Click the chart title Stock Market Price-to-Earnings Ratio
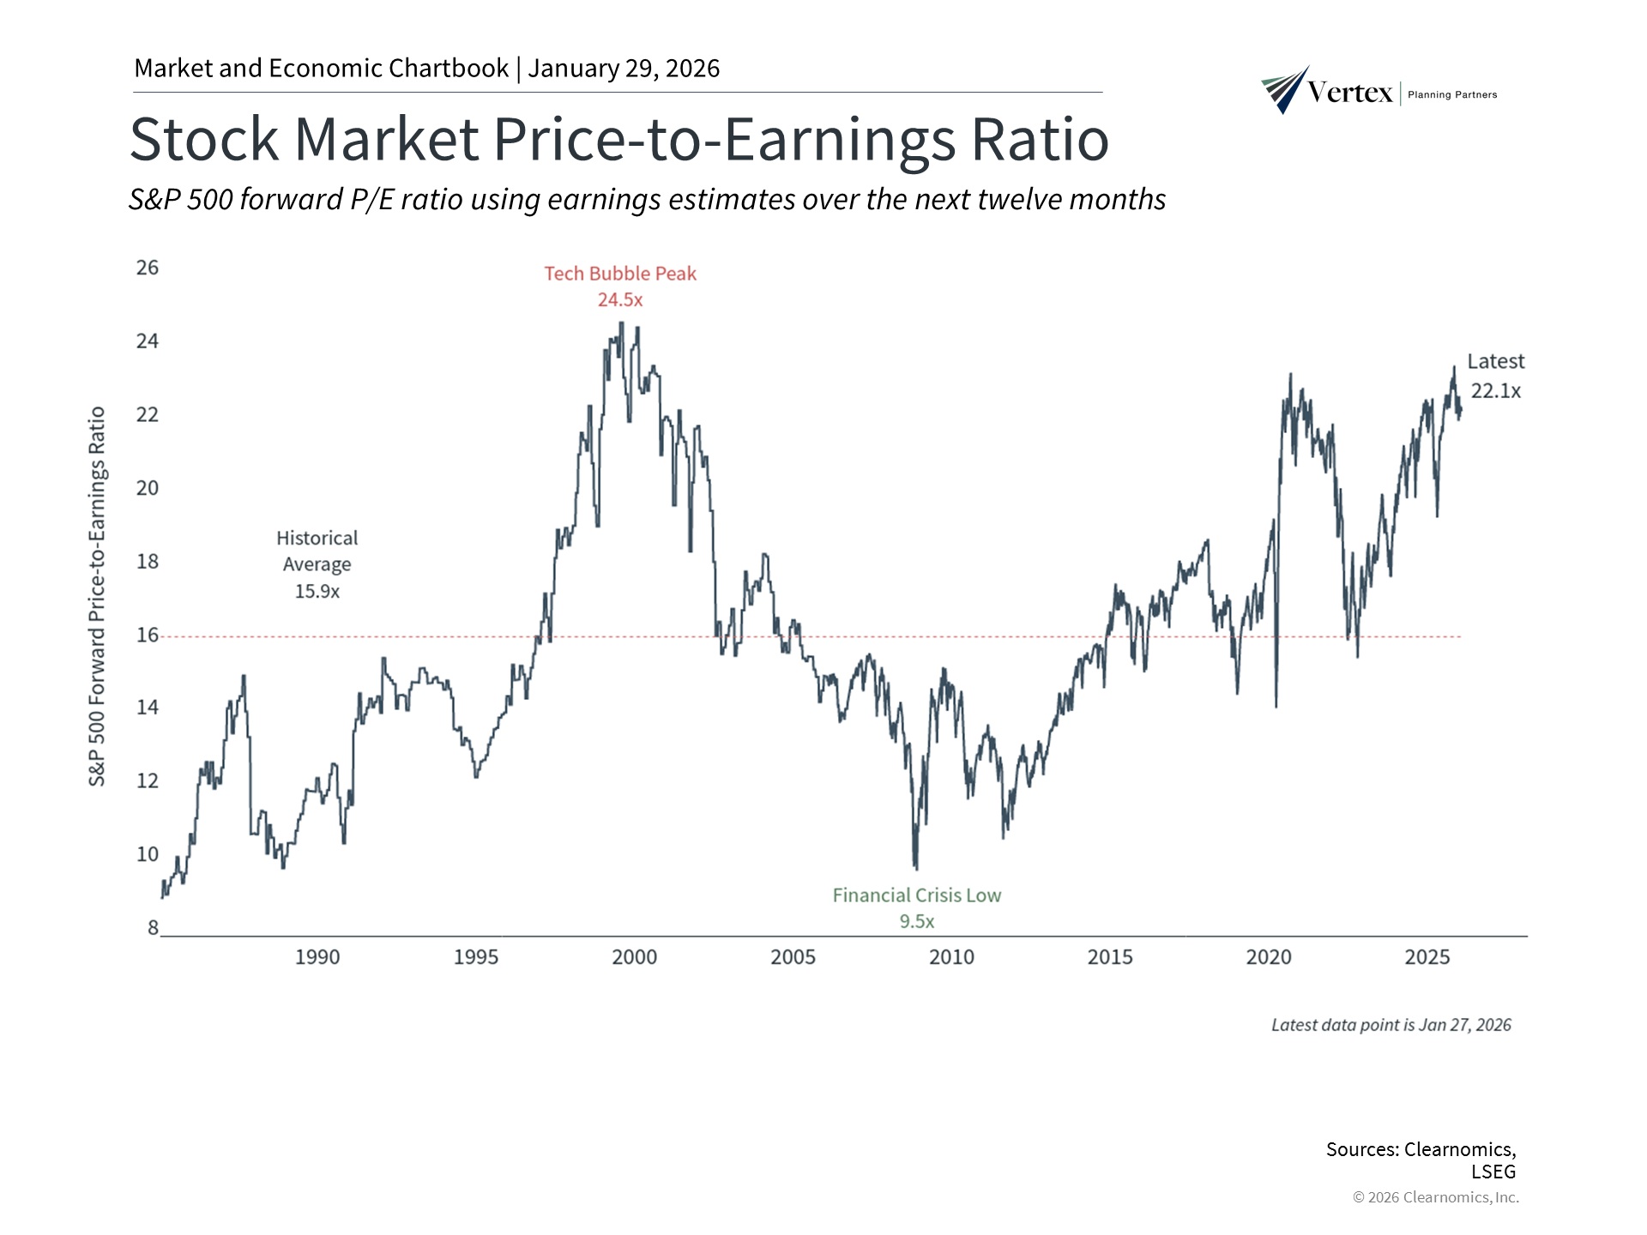618,139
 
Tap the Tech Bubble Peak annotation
620,274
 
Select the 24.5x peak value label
620,300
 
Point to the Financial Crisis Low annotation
916,895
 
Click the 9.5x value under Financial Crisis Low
916,922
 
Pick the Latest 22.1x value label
1495,391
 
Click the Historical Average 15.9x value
317,592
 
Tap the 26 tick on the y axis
148,268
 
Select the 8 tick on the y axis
153,928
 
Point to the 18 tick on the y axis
148,562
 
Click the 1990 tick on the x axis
317,957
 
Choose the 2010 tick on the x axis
951,957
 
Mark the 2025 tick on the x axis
1427,957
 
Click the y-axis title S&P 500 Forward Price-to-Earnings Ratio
98,596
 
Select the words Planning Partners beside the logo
1452,95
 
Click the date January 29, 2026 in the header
624,69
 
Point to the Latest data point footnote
1391,1025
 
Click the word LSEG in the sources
1493,1172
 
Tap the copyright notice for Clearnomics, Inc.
1435,1197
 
